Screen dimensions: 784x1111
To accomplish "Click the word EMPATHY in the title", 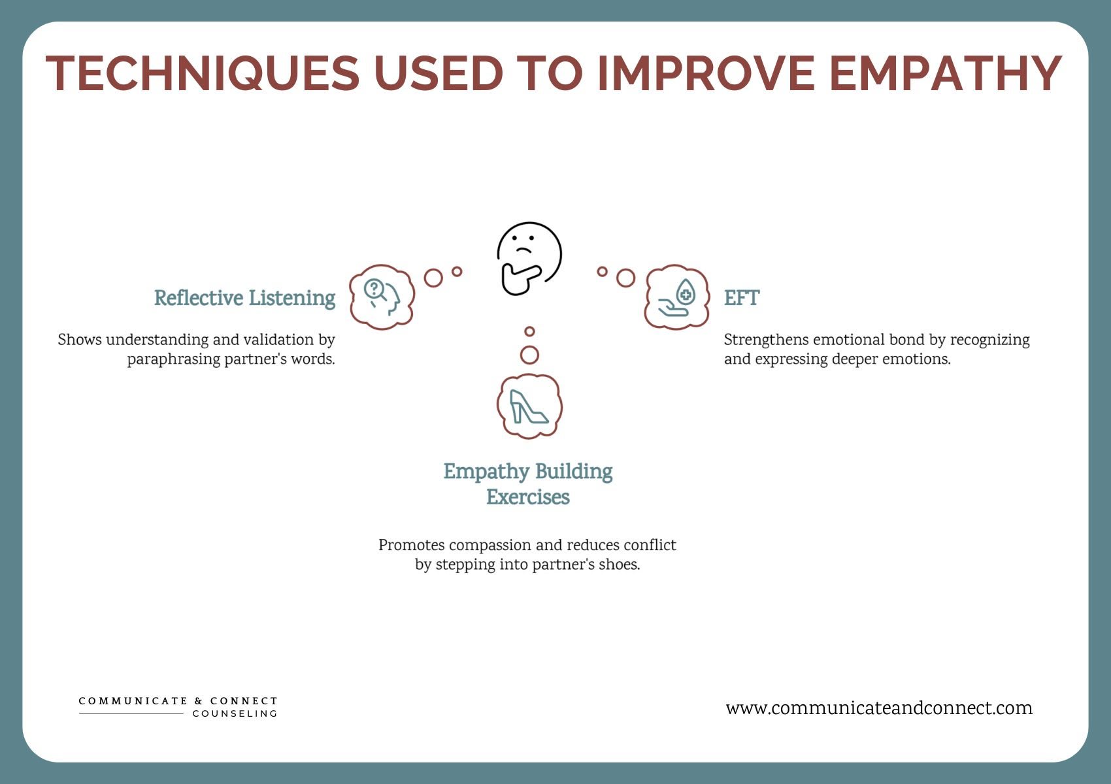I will coord(945,73).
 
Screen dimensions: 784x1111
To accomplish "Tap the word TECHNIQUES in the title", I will coord(203,73).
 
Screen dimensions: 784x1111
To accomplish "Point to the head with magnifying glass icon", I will coord(382,297).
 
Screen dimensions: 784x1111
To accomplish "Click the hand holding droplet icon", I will coord(677,297).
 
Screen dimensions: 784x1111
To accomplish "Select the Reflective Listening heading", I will coord(244,298).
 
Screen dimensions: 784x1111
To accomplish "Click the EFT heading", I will coord(741,298).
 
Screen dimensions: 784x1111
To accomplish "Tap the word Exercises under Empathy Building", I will coord(528,497).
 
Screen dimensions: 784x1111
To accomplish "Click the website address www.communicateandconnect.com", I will coord(879,708).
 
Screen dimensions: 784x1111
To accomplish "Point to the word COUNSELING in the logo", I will coord(235,713).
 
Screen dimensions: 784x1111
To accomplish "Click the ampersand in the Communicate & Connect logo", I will coord(199,701).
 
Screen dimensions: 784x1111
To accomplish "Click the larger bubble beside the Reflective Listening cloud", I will coord(433,278).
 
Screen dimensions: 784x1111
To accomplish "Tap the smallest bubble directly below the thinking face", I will coord(529,332).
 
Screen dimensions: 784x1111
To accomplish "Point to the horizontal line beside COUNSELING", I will coord(131,714).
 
